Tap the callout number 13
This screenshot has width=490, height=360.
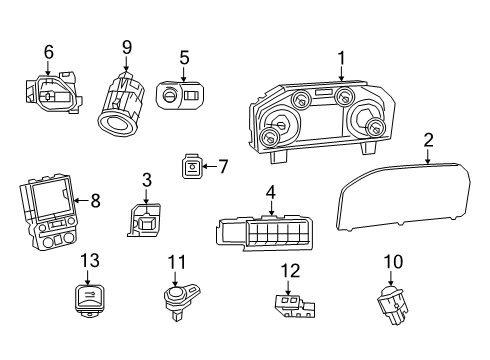90,260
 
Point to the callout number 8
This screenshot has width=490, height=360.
95,200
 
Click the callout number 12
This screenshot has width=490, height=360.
290,269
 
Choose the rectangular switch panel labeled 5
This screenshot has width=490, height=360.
183,96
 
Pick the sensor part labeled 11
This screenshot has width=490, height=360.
178,300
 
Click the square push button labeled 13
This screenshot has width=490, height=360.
90,297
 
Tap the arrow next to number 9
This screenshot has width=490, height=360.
127,65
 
